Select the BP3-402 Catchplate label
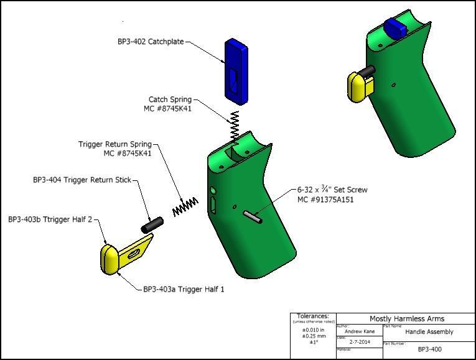tap(151, 42)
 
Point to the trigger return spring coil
tap(185, 206)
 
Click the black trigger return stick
tap(152, 224)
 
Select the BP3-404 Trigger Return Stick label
tap(82, 180)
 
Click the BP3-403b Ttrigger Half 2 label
tap(50, 219)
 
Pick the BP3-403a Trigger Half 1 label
tap(184, 289)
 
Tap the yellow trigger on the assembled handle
tap(360, 86)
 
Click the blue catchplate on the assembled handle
tap(395, 27)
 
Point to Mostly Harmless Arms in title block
tap(407, 319)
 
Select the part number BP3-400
tap(429, 349)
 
